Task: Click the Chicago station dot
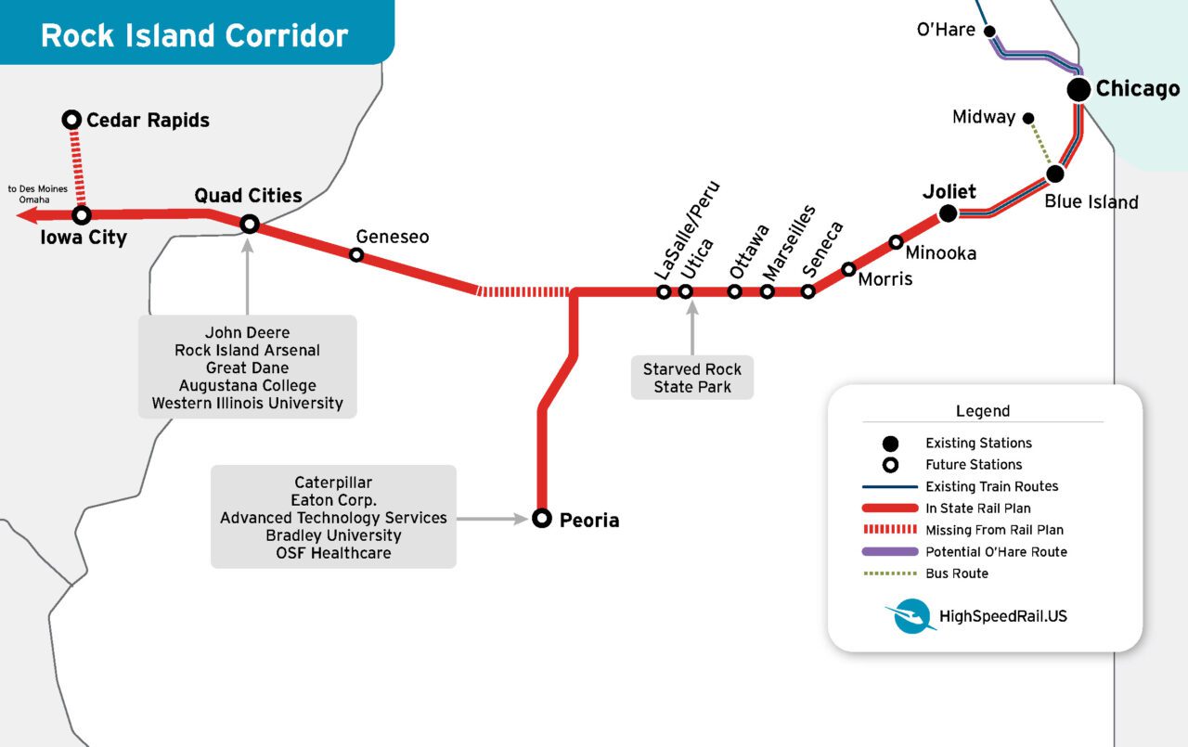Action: pos(1078,89)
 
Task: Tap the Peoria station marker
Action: pos(542,519)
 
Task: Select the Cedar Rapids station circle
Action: pos(71,120)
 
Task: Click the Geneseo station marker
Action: pos(356,254)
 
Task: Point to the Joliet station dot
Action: pos(948,213)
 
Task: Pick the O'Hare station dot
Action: pos(989,31)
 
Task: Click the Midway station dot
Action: pos(1028,118)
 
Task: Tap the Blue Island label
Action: pos(1091,201)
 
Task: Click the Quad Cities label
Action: pos(248,195)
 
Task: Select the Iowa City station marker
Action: pos(82,215)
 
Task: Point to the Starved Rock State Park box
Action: pos(692,378)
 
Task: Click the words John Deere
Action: pos(247,332)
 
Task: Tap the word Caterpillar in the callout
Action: pos(333,483)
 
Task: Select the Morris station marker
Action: pos(848,269)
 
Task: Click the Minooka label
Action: pos(940,252)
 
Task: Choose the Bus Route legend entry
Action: pos(956,573)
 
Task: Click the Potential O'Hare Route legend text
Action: pos(996,551)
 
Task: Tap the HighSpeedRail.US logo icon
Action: pos(910,615)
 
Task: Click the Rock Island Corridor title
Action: pos(195,35)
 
